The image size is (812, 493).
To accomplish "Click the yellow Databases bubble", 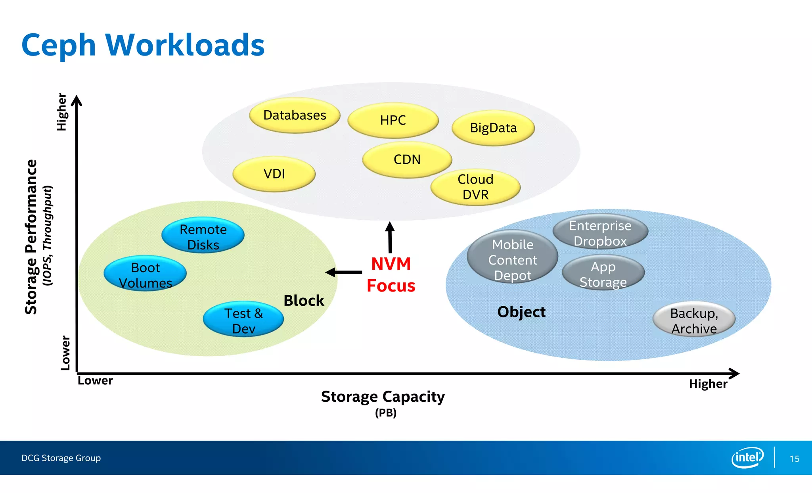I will [295, 115].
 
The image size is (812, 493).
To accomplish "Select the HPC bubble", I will [393, 120].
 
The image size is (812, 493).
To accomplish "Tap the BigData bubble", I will [493, 128].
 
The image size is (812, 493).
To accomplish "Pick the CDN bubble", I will [407, 159].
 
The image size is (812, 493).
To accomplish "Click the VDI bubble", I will [274, 174].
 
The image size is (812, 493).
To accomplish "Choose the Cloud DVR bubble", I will [475, 187].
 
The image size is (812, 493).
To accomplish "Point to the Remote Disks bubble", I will [203, 236].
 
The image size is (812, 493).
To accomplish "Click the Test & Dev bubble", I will [243, 320].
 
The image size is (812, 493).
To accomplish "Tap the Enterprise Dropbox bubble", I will [600, 232].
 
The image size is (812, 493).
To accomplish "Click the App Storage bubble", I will [603, 274].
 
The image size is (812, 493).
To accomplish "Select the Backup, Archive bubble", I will [694, 320].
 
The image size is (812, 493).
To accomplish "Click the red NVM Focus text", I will [391, 275].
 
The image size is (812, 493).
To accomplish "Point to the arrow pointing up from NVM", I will [390, 237].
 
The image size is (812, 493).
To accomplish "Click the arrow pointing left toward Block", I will [343, 272].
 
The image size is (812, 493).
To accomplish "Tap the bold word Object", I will [521, 312].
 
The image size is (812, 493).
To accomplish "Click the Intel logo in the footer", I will [747, 458].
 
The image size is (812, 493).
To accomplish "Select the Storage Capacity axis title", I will [383, 397].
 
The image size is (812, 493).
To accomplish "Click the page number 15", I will [794, 459].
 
